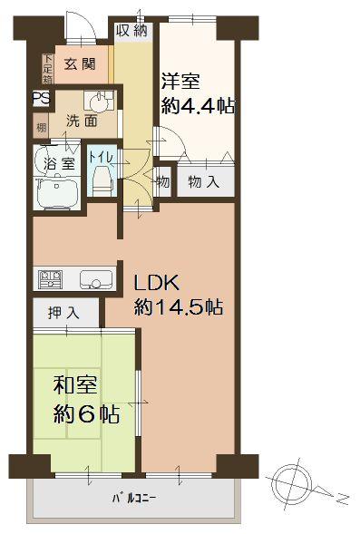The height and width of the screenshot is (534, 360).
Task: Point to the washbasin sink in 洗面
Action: click(x=97, y=99)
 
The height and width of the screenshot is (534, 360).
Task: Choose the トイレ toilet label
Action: click(x=100, y=158)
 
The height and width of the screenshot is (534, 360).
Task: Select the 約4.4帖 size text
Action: click(x=199, y=106)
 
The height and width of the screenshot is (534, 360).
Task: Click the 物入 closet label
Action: click(x=204, y=181)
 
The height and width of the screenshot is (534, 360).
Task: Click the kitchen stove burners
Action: click(x=48, y=278)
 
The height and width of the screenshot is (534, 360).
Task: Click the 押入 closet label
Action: click(x=64, y=313)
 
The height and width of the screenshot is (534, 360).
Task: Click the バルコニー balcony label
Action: click(x=135, y=499)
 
